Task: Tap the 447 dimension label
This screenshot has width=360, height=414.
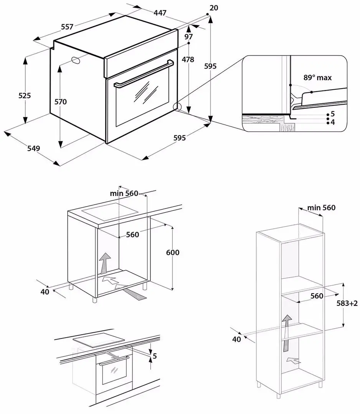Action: click(x=160, y=13)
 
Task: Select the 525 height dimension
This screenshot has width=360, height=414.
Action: click(x=25, y=95)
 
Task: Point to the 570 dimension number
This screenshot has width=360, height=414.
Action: click(x=60, y=102)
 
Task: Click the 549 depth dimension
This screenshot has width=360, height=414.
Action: click(x=34, y=148)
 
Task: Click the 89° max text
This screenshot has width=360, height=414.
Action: click(x=317, y=77)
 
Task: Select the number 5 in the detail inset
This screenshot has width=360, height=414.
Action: click(x=333, y=114)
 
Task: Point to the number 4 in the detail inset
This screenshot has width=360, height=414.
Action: click(x=333, y=122)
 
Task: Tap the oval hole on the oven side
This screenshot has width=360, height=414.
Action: click(x=76, y=60)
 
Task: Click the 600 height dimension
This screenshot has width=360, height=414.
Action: click(x=173, y=252)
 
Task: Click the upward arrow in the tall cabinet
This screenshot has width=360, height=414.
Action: click(x=286, y=332)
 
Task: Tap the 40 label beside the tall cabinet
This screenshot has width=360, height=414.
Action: click(x=236, y=339)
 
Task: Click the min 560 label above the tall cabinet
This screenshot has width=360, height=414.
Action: click(x=321, y=207)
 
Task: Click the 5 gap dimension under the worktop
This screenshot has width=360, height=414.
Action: click(x=155, y=356)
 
